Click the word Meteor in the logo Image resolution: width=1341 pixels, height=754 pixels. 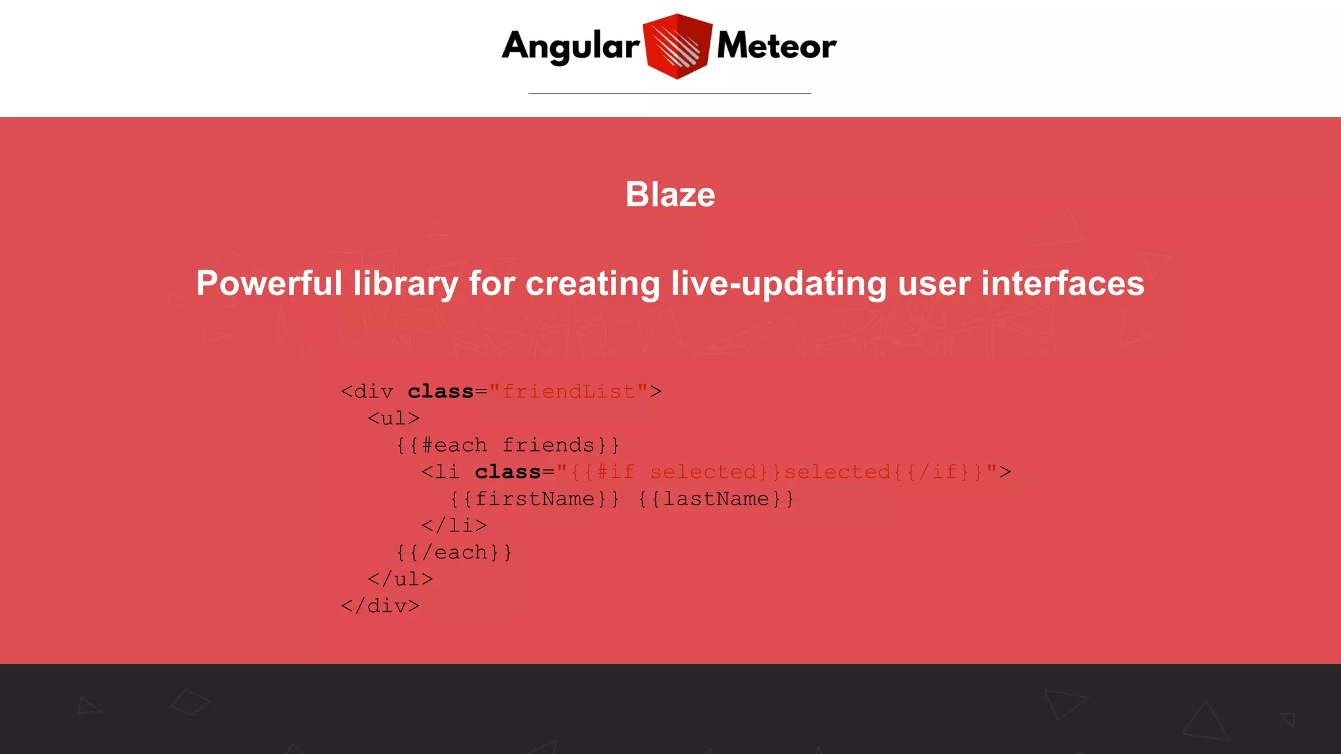(776, 46)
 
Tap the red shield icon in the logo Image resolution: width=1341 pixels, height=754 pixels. (677, 46)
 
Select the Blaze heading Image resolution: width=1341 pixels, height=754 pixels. (670, 194)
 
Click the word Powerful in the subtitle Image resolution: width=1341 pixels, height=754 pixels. (269, 283)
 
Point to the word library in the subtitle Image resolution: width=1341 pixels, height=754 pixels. (405, 283)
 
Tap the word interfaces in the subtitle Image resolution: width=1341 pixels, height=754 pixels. (1062, 283)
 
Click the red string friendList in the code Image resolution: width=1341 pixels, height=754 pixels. (568, 391)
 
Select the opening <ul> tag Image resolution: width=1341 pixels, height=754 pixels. (394, 418)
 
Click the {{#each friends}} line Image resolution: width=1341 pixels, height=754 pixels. (507, 445)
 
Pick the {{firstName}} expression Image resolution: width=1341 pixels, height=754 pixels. (534, 499)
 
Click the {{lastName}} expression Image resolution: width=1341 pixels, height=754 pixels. (716, 499)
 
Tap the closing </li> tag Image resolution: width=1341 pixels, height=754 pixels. (454, 526)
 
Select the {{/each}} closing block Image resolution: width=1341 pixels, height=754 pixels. (454, 552)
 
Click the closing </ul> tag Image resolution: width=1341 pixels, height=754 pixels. (400, 579)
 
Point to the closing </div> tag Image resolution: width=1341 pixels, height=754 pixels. (380, 606)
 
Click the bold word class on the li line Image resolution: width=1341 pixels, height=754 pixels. (507, 472)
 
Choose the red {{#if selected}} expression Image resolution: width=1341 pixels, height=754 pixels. (669, 472)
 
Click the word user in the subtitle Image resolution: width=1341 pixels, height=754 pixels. (933, 283)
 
